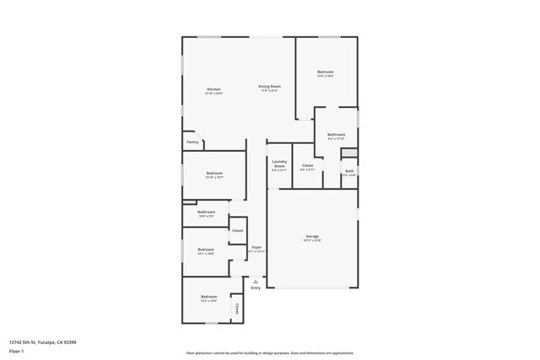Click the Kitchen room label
point(213,89)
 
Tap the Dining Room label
point(269,87)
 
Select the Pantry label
point(192,142)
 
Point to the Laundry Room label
point(279,164)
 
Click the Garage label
point(311,235)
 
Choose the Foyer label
point(256,247)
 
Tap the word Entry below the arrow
point(256,288)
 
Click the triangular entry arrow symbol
point(256,280)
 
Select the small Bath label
point(349,171)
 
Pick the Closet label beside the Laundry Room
point(307,165)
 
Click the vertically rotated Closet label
point(237,309)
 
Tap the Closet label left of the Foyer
point(238,230)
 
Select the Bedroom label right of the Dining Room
point(325,72)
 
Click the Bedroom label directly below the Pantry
point(213,173)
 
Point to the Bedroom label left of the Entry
point(208,297)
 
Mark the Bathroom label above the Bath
point(336,134)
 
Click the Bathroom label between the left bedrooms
point(206,212)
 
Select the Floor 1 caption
point(16,351)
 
